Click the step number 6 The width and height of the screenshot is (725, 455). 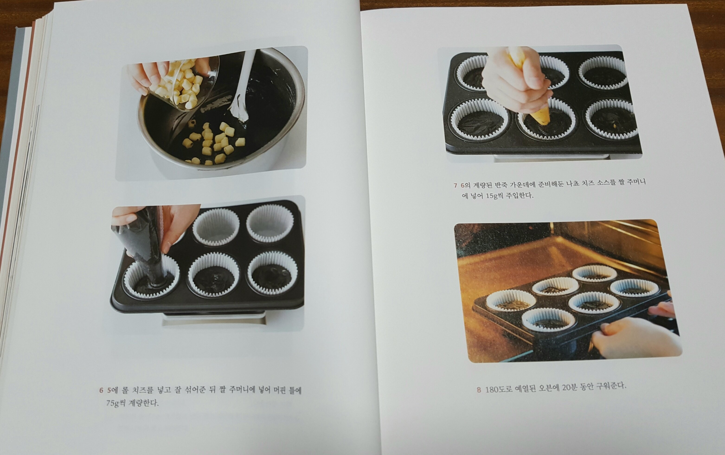coord(101,390)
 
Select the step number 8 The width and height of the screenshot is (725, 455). coord(479,390)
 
